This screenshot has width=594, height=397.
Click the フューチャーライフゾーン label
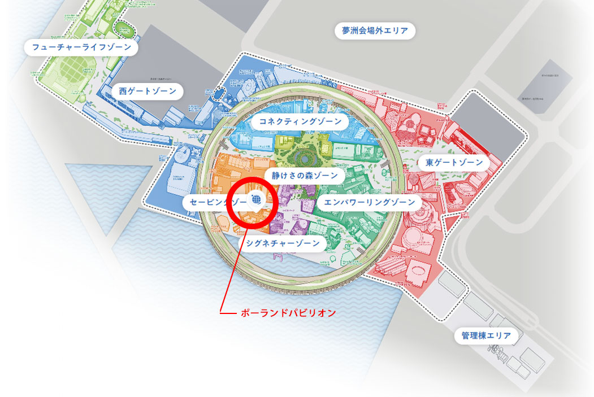click(81, 47)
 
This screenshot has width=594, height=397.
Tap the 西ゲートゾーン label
click(148, 90)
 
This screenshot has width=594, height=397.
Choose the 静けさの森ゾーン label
click(305, 176)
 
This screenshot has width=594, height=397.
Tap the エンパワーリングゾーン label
click(366, 202)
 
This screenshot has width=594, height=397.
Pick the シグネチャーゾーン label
click(283, 243)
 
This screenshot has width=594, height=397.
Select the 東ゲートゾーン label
click(454, 163)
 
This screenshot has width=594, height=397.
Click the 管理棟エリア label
click(485, 337)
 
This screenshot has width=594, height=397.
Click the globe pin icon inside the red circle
click(256, 200)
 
